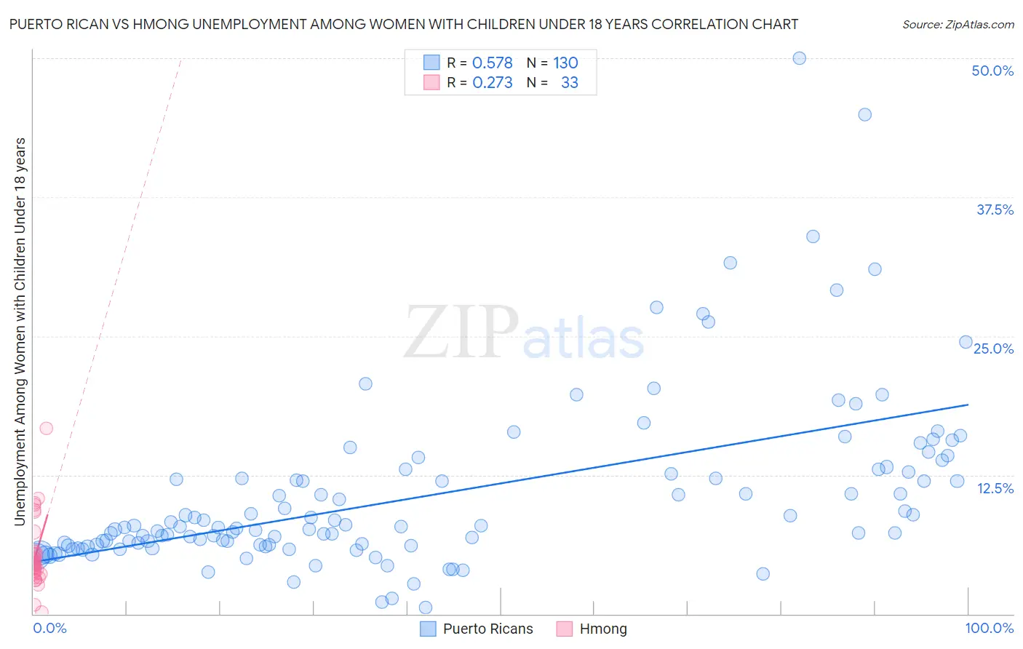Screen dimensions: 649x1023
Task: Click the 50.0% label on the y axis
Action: (x=992, y=71)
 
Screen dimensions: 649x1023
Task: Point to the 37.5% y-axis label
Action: (x=995, y=210)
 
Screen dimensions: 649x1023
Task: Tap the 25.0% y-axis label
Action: (x=994, y=349)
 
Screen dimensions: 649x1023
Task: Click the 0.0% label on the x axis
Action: (x=49, y=628)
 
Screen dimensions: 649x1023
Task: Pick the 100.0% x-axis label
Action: (x=990, y=628)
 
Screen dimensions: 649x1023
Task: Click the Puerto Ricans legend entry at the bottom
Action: (x=487, y=629)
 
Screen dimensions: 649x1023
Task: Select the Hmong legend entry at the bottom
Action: (x=602, y=629)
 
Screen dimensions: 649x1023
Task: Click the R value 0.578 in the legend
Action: (x=493, y=63)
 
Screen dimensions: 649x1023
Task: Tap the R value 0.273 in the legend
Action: (x=493, y=82)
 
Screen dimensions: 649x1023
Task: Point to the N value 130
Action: (x=565, y=63)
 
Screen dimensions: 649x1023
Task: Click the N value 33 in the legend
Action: (x=570, y=82)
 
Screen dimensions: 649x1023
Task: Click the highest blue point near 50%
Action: (x=799, y=58)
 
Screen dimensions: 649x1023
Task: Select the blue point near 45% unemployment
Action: (x=864, y=114)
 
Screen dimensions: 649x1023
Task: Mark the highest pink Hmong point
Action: (x=46, y=428)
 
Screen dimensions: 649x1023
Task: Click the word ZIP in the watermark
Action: (x=461, y=332)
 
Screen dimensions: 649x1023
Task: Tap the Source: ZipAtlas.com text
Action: (x=958, y=24)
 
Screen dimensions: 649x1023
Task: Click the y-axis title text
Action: (x=20, y=331)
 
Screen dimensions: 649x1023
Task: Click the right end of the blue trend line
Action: (x=968, y=404)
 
